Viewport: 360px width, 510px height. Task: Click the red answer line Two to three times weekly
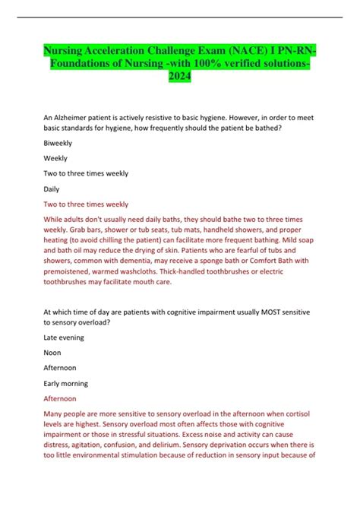point(87,204)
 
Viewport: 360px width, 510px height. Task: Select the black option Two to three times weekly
point(87,173)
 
